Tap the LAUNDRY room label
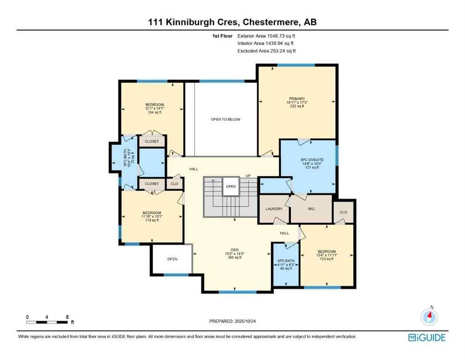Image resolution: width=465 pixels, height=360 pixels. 273,209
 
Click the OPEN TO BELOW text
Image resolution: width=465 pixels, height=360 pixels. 225,120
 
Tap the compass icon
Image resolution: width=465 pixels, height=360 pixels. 428,317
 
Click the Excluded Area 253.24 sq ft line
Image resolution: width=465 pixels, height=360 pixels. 266,51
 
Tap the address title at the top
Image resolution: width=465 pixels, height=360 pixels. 232,22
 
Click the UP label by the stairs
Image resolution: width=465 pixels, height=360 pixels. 248,176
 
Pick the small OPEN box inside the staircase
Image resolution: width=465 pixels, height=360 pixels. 231,186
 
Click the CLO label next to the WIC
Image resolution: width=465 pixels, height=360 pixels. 343,212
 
